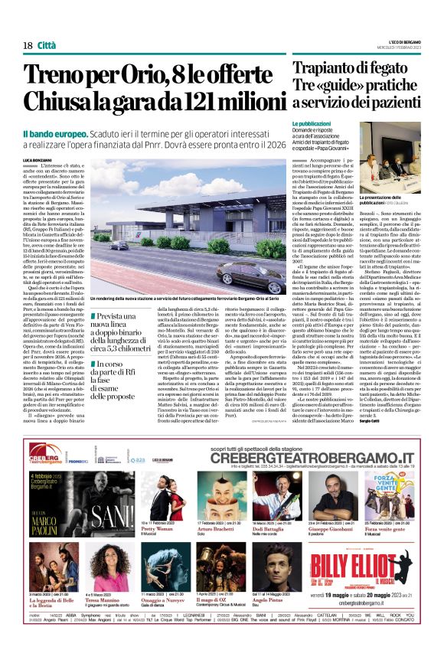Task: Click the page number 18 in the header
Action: [27, 46]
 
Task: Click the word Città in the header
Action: [47, 46]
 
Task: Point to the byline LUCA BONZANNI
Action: [39, 158]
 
